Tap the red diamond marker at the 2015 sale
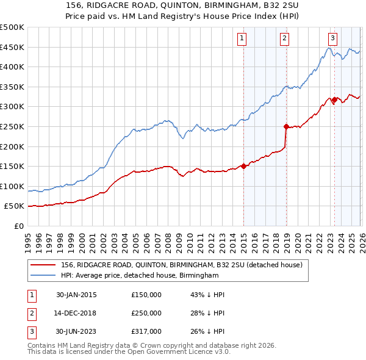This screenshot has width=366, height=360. tap(243, 165)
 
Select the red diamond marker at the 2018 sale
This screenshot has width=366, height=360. tap(285, 126)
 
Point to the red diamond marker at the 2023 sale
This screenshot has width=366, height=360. tap(334, 99)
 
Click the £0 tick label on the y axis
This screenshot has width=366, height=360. tap(19, 226)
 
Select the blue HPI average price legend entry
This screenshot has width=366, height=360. tap(140, 276)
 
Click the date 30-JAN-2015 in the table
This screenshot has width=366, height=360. tap(76, 295)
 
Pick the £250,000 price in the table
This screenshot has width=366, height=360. tap(146, 313)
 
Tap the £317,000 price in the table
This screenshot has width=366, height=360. tap(146, 331)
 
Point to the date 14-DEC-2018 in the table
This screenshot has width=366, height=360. tap(76, 313)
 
